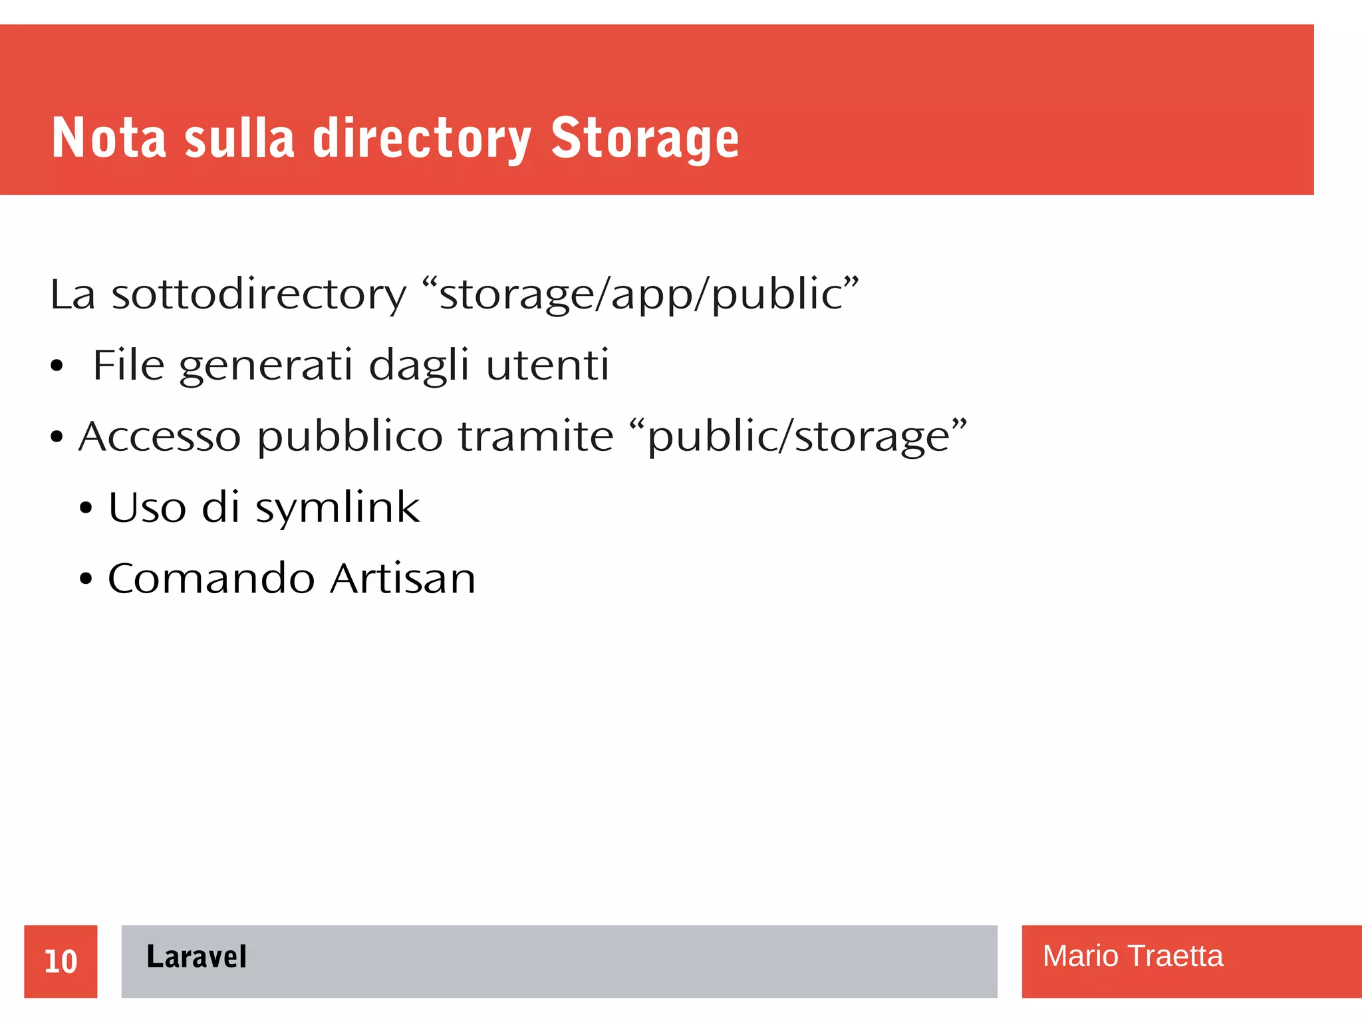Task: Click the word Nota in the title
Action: coord(108,138)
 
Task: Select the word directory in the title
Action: coord(422,140)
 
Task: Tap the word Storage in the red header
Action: coord(644,140)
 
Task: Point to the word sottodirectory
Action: coord(258,295)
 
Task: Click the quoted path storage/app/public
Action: coord(640,295)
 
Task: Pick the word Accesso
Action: coord(160,437)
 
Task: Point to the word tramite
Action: coord(535,437)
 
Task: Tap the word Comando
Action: coord(211,578)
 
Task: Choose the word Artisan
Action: coord(403,578)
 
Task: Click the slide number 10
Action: coord(61,961)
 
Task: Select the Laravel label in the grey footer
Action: coord(196,957)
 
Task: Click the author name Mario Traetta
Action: coord(1132,956)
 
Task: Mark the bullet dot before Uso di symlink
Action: coord(86,509)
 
